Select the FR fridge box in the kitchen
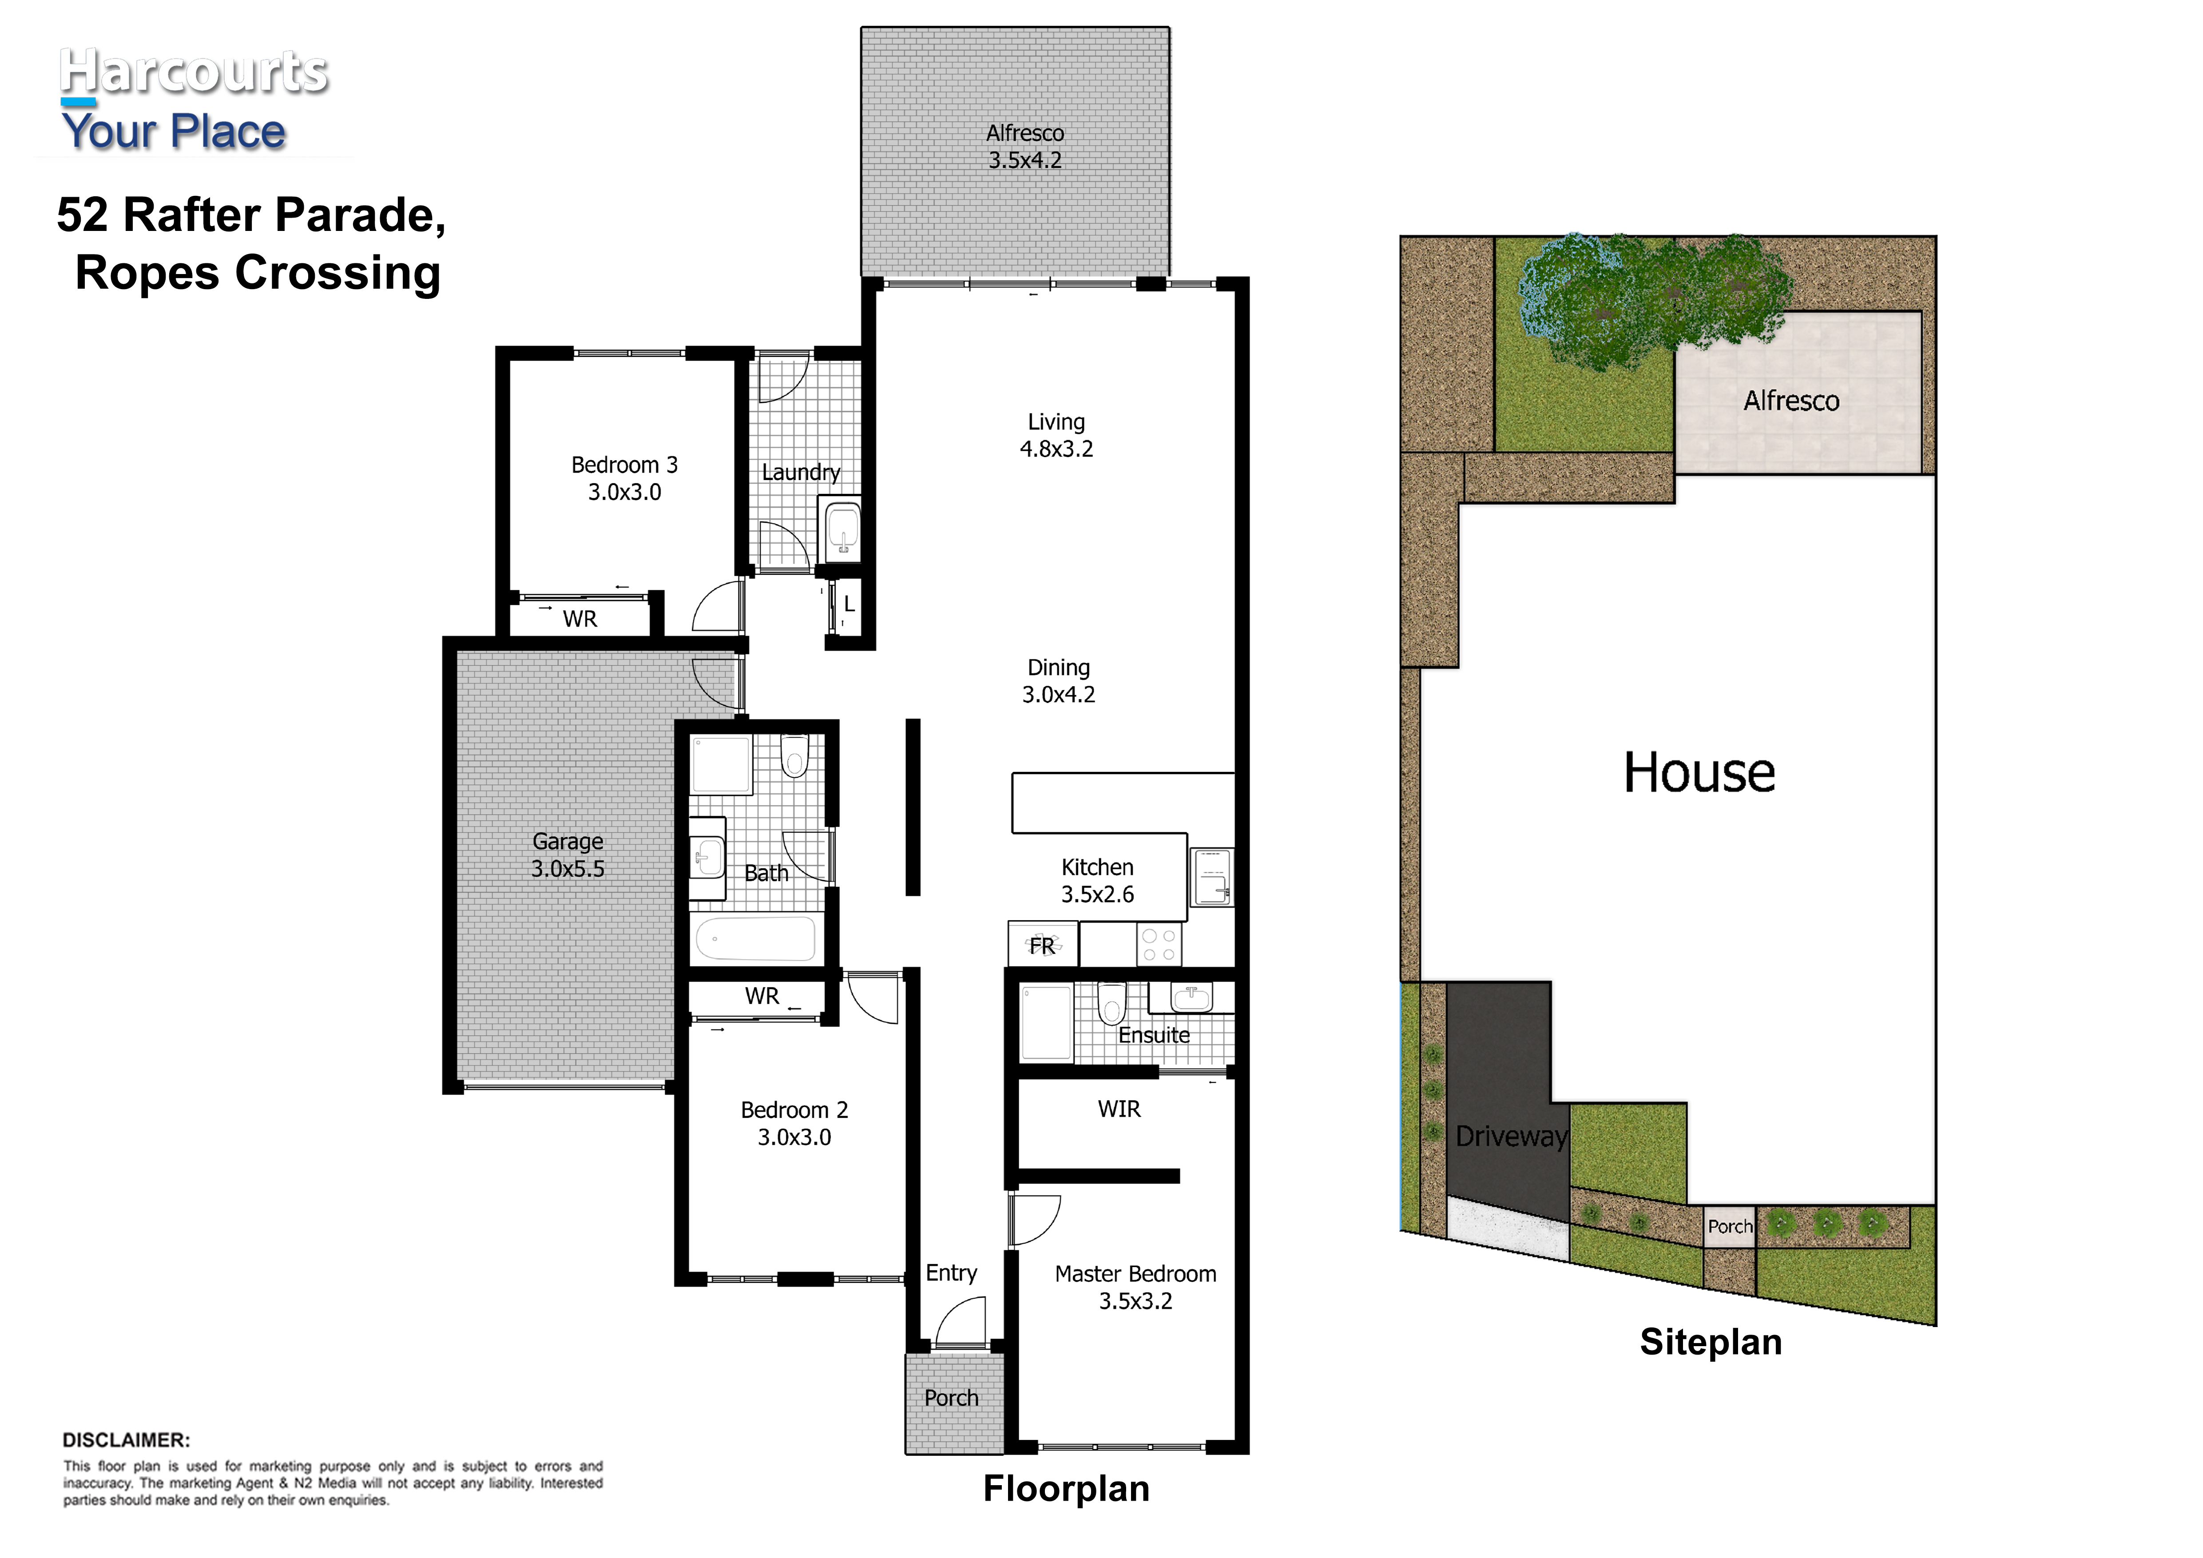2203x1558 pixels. point(1043,944)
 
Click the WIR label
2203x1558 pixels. point(1119,1109)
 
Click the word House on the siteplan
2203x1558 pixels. point(1699,772)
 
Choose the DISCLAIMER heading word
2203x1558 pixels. point(126,1440)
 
